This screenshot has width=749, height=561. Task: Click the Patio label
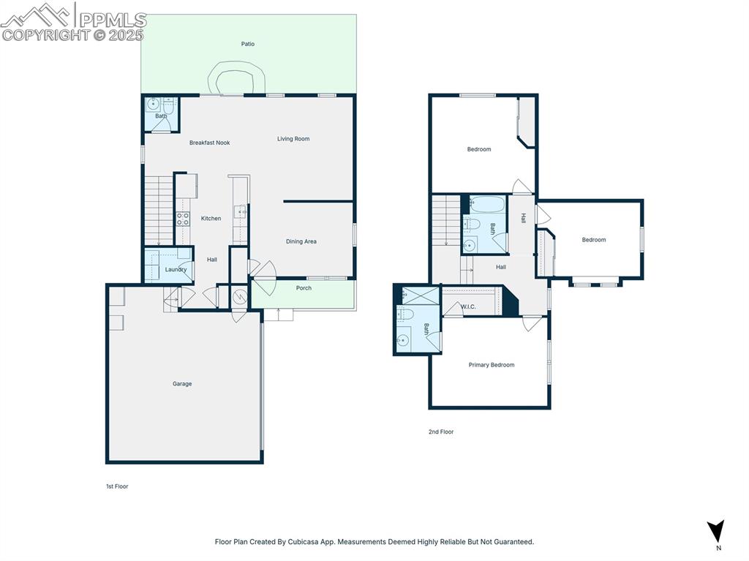(248, 44)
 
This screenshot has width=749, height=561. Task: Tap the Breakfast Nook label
(209, 143)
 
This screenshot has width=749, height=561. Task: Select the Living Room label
(293, 139)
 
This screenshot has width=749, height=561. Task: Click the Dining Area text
(301, 241)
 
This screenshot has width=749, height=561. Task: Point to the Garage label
(182, 384)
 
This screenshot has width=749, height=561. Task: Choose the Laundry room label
(176, 269)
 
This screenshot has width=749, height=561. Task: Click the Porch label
(304, 288)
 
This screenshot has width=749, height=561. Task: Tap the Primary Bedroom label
(491, 365)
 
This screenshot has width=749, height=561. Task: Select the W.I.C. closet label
(468, 306)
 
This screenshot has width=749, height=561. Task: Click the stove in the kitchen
(183, 219)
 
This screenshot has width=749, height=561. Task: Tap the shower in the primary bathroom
(418, 295)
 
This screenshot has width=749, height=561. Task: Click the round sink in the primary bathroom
(404, 339)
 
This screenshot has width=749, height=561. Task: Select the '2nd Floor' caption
(441, 432)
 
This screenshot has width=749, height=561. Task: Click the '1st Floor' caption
(117, 486)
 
